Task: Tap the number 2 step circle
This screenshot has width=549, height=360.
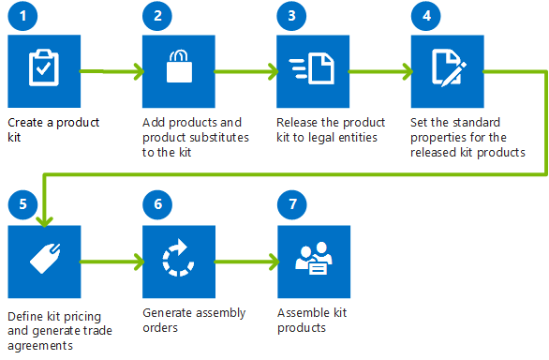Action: (156, 18)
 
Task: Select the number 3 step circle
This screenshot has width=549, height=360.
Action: (290, 18)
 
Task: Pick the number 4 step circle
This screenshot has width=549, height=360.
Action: (425, 18)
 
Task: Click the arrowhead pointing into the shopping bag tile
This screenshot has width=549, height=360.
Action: (137, 70)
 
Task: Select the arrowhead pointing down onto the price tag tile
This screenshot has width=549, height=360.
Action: (42, 219)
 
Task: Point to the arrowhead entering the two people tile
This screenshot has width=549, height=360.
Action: (272, 259)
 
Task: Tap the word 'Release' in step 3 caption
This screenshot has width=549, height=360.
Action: (297, 123)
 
